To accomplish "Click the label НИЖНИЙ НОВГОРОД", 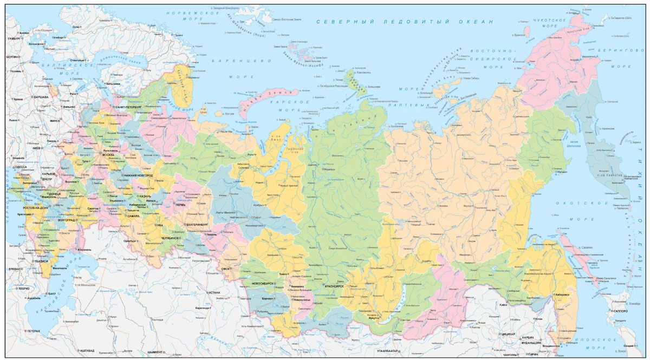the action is (x=138, y=176).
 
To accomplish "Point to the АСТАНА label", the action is (x=214, y=292).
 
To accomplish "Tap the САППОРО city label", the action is (x=621, y=312).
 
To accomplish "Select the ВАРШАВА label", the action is (x=41, y=97).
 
